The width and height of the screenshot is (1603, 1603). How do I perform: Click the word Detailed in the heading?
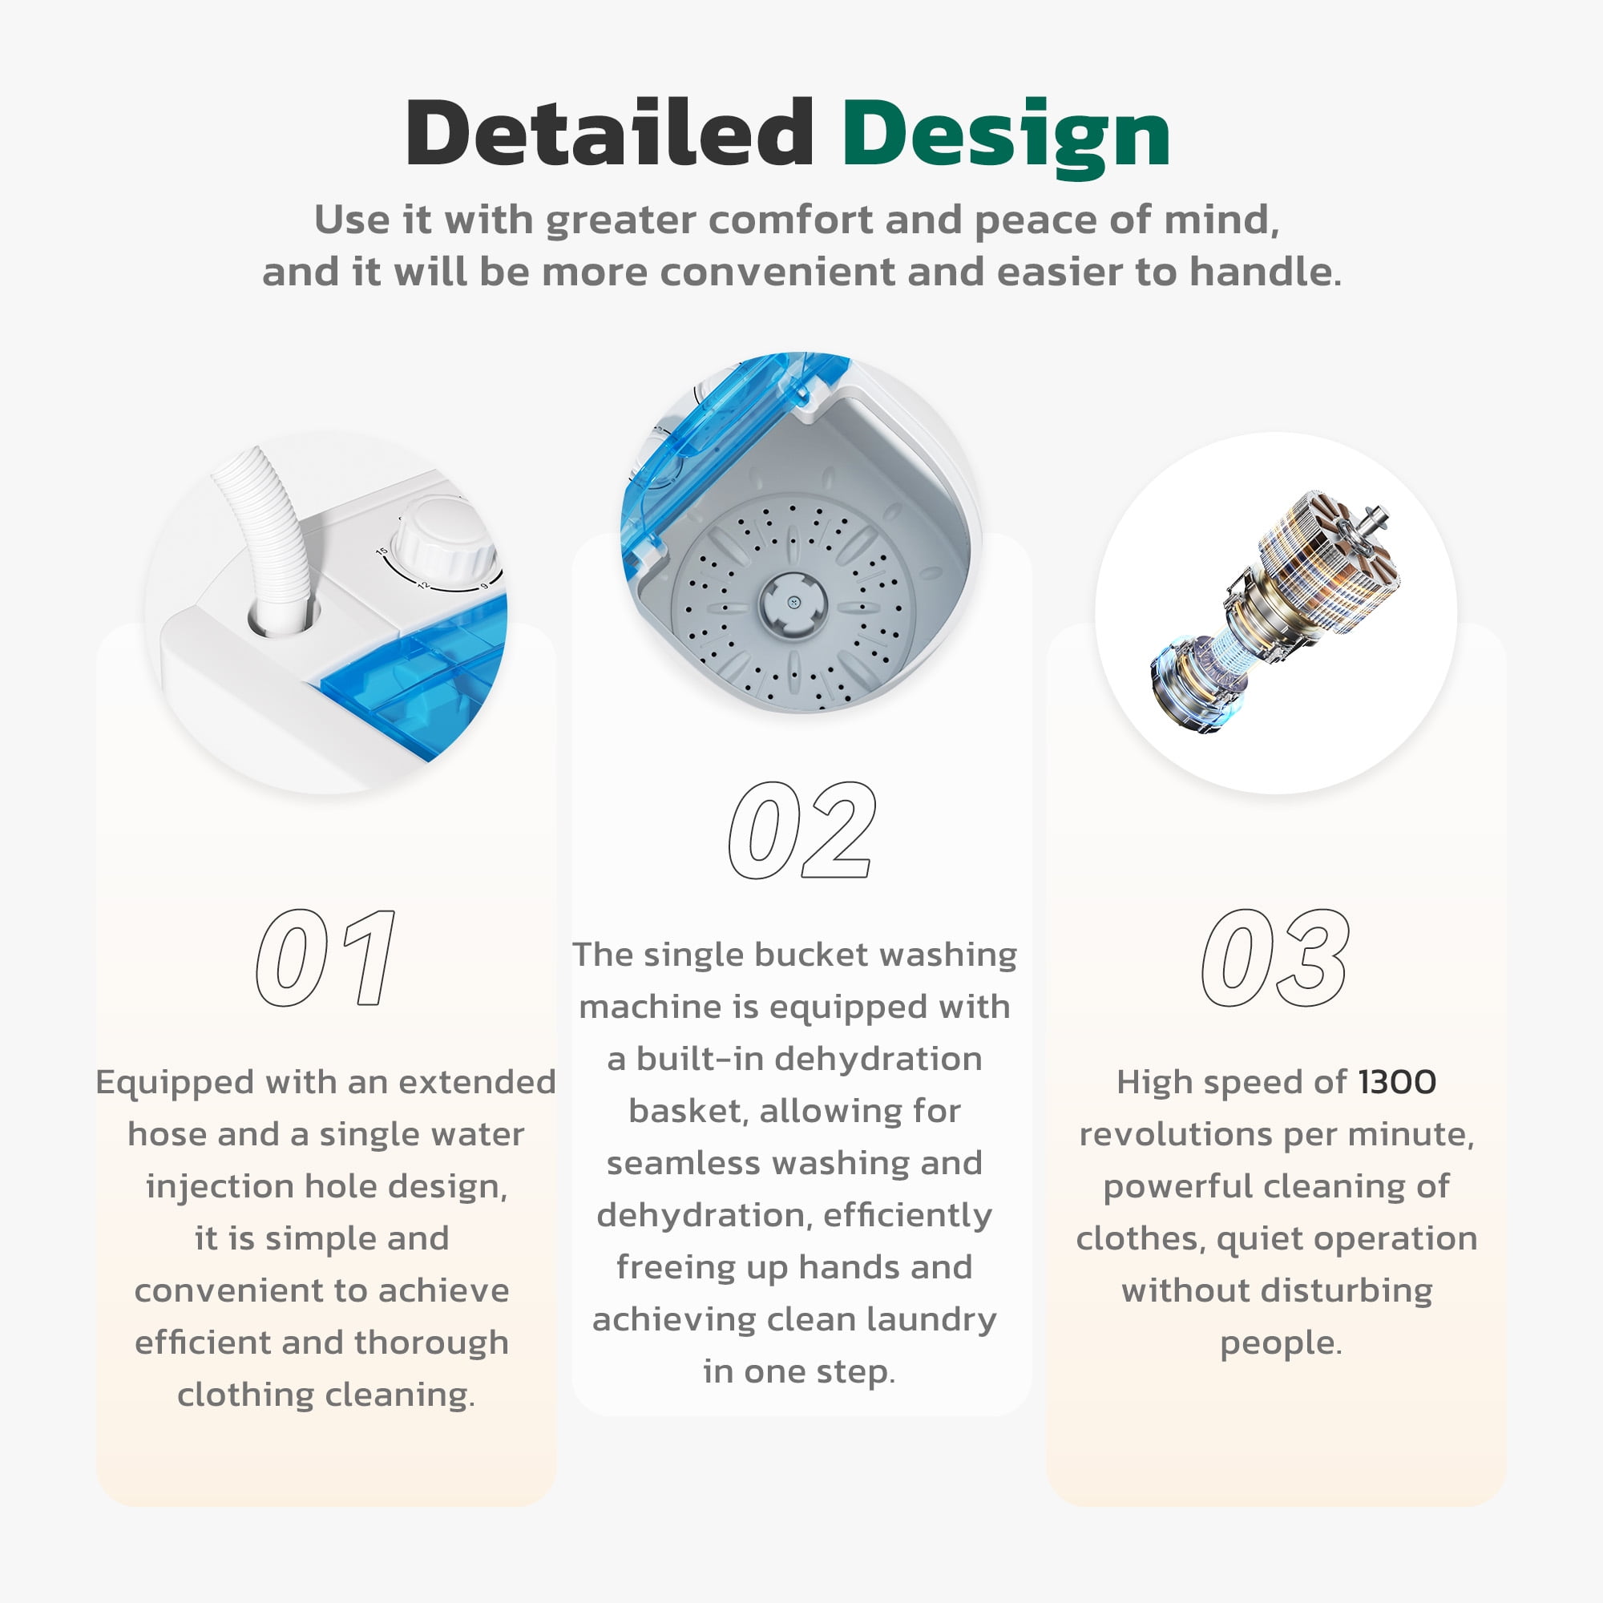click(x=610, y=133)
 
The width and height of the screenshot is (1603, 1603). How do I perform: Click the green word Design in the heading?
click(x=1007, y=137)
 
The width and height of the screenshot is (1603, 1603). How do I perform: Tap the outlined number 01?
click(x=325, y=958)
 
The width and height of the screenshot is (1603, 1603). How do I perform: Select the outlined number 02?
click(x=801, y=830)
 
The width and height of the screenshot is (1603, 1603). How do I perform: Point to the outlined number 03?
click(x=1275, y=958)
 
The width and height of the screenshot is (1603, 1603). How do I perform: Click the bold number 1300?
click(x=1396, y=1082)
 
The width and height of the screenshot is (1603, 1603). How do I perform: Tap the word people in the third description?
click(x=1280, y=1343)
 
